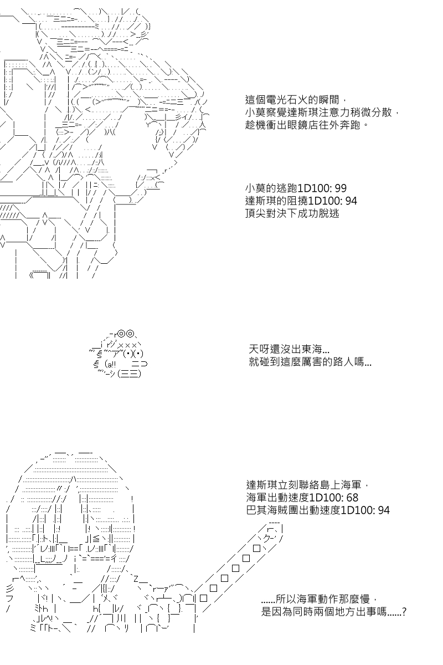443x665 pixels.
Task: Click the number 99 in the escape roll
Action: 341,188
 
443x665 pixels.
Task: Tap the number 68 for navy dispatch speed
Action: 352,497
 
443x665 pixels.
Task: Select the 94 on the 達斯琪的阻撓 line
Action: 351,201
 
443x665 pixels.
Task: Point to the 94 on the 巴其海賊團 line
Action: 383,510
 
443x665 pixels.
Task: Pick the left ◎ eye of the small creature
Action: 121,334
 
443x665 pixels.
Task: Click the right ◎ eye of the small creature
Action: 130,334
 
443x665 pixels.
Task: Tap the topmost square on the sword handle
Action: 257,548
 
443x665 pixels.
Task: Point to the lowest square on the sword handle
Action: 203,598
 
